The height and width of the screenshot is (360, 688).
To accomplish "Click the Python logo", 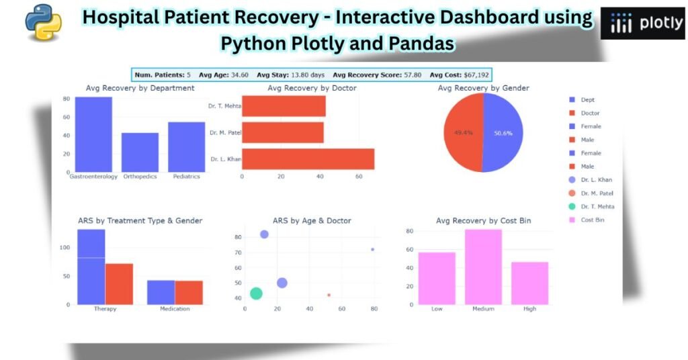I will coord(44,21).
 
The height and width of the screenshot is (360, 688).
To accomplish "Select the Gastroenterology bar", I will coord(93,134).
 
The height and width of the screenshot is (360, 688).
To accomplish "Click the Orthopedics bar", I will coord(140,152).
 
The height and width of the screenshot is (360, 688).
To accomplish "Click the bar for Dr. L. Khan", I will coord(308,159).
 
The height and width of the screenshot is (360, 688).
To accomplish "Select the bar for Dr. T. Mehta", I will coord(284,106).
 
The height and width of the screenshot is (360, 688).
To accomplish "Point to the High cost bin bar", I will coord(529,283).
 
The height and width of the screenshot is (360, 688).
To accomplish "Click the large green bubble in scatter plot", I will coord(256,294).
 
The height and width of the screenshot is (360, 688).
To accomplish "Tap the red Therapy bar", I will coord(119,283).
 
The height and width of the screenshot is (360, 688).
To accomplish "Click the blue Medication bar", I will coord(161,292).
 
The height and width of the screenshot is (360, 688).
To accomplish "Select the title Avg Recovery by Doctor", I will coord(312,88).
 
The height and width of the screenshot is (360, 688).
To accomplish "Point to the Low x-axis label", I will coord(437,309).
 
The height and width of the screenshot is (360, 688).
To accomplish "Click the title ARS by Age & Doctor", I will coord(312,220).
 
